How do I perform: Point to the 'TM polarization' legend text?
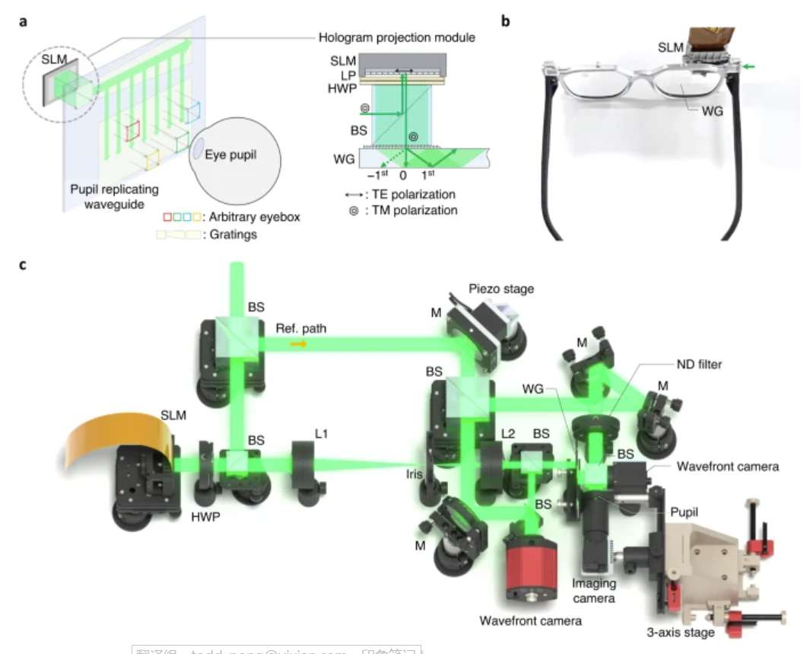pos(411,209)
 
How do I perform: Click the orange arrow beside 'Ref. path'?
pos(299,344)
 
